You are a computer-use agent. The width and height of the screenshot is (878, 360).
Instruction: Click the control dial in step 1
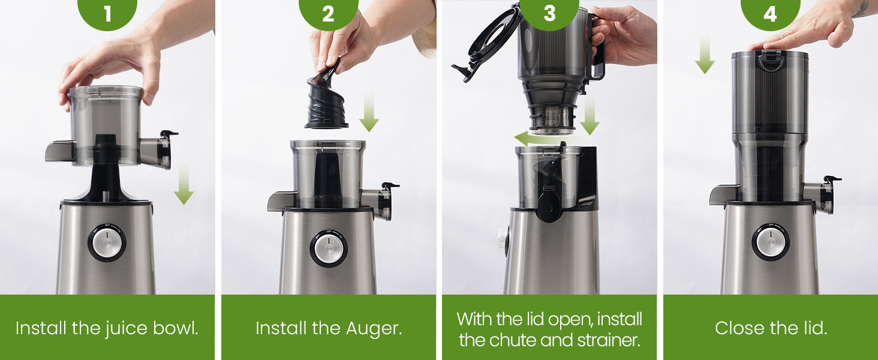click(107, 243)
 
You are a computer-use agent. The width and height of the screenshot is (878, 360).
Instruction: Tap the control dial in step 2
click(329, 249)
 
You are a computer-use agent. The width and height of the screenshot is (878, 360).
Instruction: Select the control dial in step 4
click(771, 242)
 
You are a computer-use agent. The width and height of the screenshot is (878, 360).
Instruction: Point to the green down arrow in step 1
click(184, 185)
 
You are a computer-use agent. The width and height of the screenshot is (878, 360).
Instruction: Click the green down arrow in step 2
click(369, 113)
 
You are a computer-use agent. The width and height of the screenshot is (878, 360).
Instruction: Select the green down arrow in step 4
click(705, 54)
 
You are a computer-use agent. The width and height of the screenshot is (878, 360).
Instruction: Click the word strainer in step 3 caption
click(609, 340)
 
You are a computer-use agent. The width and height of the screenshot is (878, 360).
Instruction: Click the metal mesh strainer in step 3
click(554, 117)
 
